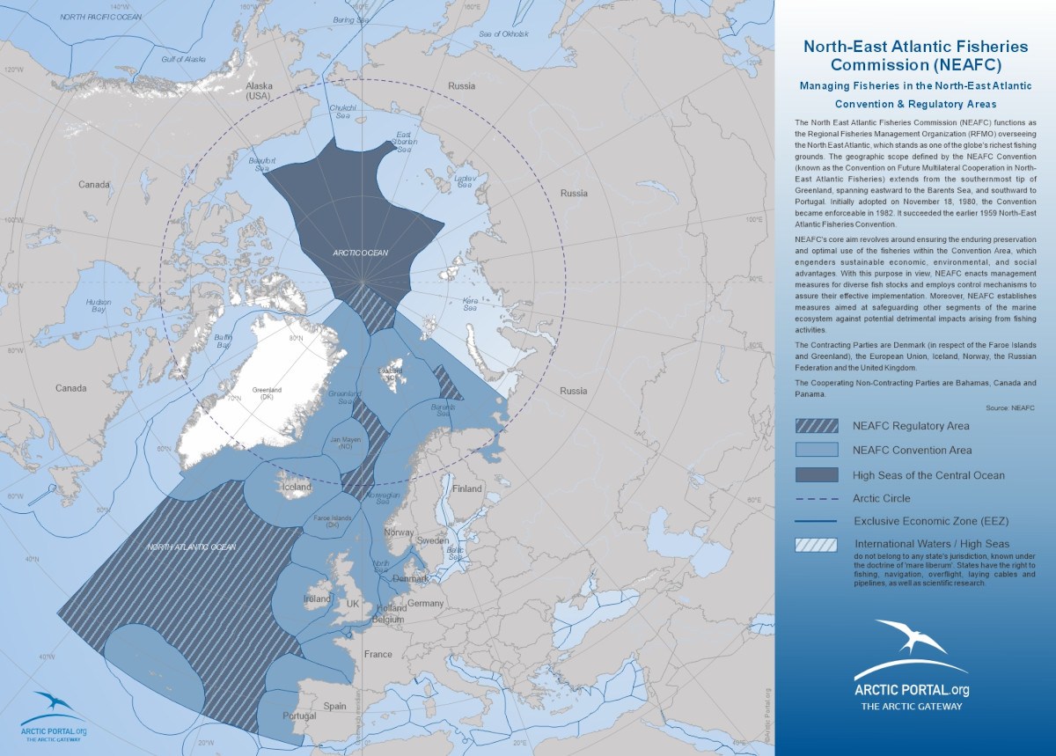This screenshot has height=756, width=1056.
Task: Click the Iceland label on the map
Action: click(297, 487)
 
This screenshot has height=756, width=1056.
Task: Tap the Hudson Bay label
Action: click(99, 305)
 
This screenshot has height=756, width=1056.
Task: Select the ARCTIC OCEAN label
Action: click(360, 253)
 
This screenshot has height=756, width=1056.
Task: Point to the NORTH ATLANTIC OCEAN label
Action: click(191, 547)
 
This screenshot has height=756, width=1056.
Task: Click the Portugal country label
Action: click(299, 716)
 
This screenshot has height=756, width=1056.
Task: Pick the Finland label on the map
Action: click(467, 488)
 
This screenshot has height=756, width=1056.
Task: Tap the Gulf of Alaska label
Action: click(183, 59)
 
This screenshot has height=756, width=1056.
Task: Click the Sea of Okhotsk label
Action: click(504, 33)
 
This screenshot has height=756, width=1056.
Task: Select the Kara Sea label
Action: click(469, 305)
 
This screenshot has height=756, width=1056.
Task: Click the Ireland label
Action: click(317, 598)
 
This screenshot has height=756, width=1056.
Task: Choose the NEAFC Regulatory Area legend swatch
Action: click(818, 426)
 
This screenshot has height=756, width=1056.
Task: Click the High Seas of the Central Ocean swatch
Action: click(818, 475)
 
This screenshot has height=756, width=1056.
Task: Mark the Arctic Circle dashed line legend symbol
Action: click(818, 498)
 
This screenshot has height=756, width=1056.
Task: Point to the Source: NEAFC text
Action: click(1009, 408)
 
